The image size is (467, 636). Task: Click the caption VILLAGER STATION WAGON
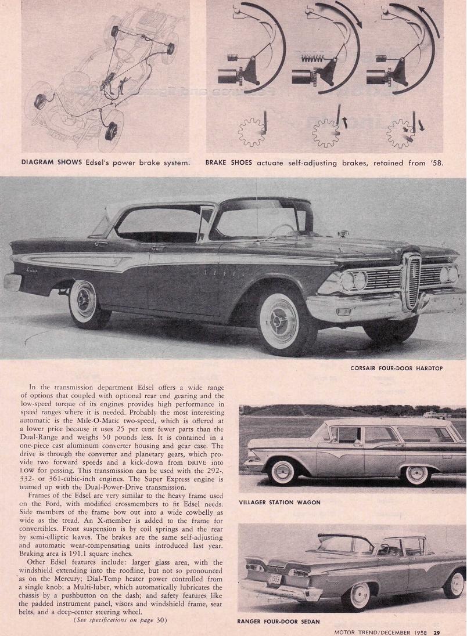[x=280, y=503]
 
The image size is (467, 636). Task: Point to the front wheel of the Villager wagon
[x=416, y=473]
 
